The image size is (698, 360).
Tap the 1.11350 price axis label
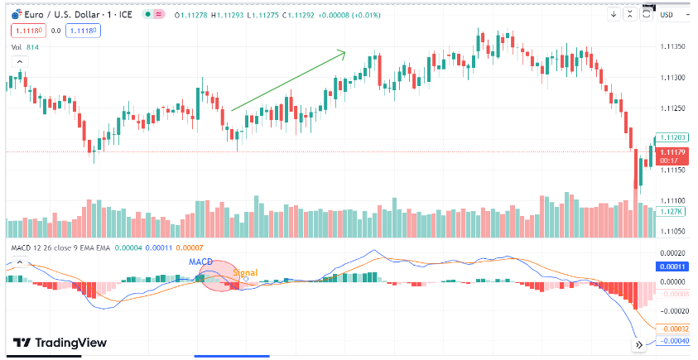tap(672, 46)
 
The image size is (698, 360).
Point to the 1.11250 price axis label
tap(672, 108)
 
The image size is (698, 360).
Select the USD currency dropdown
tap(667, 13)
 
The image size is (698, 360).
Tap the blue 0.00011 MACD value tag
tap(672, 267)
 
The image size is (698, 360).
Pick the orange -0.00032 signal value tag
tap(672, 327)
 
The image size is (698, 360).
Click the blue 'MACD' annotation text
tap(201, 262)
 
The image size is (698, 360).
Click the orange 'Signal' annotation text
tap(244, 272)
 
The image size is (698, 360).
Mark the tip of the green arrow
tap(345, 53)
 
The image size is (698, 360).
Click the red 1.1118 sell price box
tap(26, 30)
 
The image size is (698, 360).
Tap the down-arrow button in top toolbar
tap(614, 13)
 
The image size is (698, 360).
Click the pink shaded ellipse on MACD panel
tap(217, 277)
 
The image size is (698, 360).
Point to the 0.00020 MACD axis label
tap(672, 253)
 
